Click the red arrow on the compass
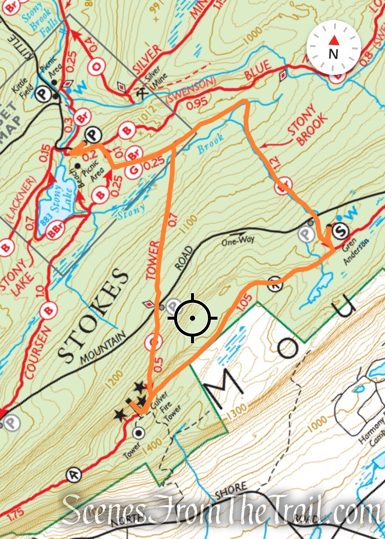[334, 40]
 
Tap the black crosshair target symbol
[192, 318]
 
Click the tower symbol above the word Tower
[138, 433]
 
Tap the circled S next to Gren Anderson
[340, 231]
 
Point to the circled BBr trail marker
[56, 230]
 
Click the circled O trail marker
[96, 66]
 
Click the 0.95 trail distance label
[197, 103]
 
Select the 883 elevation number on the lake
[47, 217]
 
